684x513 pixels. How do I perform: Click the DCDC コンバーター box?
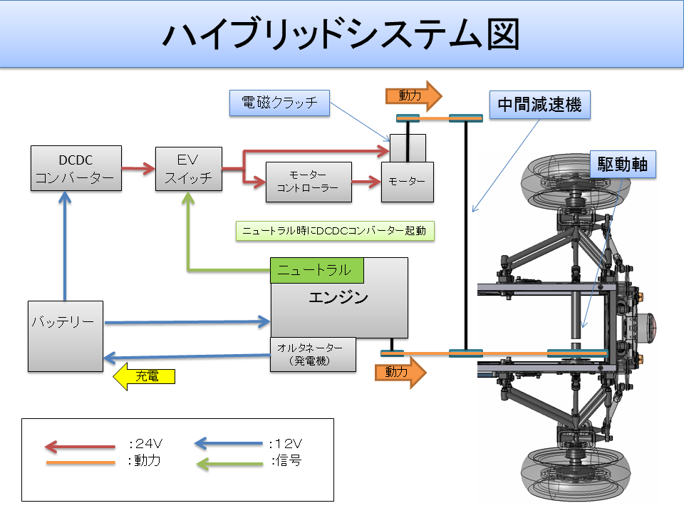pyautogui.click(x=76, y=168)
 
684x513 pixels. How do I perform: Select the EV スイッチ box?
pyautogui.click(x=189, y=168)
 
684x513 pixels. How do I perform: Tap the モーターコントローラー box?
pyautogui.click(x=309, y=182)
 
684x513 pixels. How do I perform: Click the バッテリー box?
pyautogui.click(x=66, y=336)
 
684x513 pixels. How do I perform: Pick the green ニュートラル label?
pyautogui.click(x=317, y=270)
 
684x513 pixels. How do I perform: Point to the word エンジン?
pyautogui.click(x=338, y=298)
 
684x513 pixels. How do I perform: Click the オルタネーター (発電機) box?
pyautogui.click(x=313, y=353)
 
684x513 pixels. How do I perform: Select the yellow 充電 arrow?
pyautogui.click(x=144, y=375)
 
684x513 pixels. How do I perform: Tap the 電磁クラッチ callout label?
pyautogui.click(x=279, y=103)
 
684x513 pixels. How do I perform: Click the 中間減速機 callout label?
pyautogui.click(x=539, y=105)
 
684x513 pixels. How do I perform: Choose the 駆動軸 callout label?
pyautogui.click(x=622, y=164)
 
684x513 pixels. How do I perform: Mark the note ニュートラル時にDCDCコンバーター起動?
pyautogui.click(x=335, y=232)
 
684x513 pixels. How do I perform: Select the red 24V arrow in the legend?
pyautogui.click(x=80, y=447)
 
